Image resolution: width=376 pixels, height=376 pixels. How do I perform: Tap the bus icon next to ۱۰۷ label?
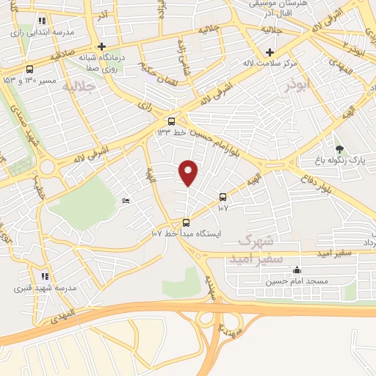(x=223, y=197)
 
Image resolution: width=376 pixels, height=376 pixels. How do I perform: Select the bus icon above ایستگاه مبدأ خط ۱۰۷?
(x=186, y=223)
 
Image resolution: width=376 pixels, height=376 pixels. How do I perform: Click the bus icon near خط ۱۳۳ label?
(x=171, y=121)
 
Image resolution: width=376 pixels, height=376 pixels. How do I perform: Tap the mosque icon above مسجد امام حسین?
(x=296, y=270)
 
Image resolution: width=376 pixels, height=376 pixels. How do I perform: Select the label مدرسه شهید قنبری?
(x=43, y=289)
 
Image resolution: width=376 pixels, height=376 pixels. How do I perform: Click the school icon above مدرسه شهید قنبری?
(x=44, y=276)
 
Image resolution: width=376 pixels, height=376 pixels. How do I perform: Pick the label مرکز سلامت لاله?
(x=271, y=63)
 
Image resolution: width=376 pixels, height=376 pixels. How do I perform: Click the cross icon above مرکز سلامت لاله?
(x=270, y=52)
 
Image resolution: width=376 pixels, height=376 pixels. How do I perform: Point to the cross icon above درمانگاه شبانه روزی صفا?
(x=101, y=46)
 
